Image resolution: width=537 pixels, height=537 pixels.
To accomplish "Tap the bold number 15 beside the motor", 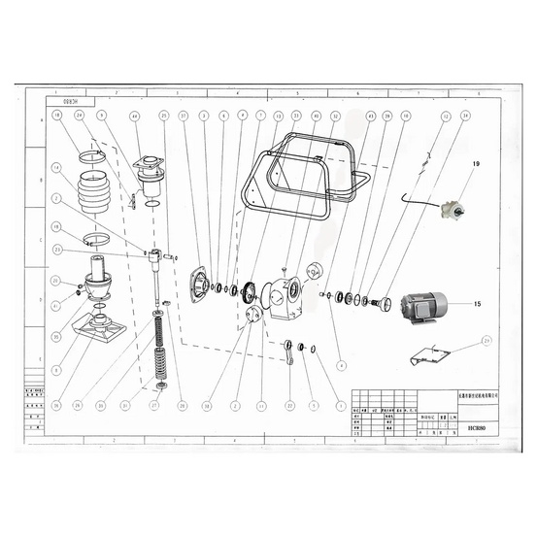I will click(477, 304).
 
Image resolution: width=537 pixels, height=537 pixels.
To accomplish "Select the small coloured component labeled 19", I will click(451, 209).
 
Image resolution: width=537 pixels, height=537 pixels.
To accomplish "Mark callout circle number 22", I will click(289, 405).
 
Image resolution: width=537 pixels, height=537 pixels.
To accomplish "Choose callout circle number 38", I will click(207, 405).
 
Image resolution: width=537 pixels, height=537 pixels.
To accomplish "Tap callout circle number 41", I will click(57, 306).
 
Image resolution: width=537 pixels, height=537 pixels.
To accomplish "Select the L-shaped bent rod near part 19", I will click(416, 200).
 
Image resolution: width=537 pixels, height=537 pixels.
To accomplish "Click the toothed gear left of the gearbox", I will click(249, 289).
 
